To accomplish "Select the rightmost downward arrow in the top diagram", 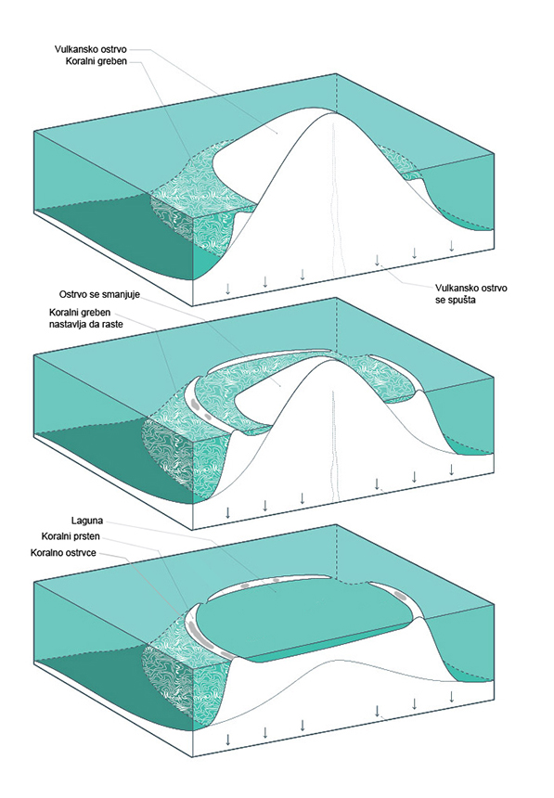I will (451, 245).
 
